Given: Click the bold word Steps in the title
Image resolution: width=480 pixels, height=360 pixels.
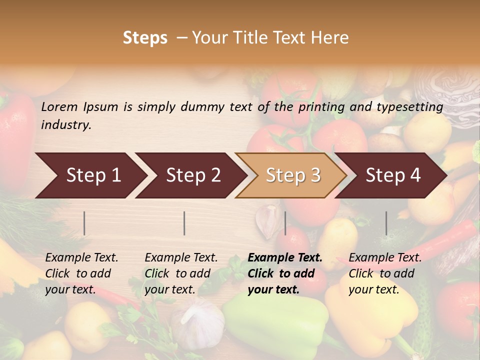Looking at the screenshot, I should (x=145, y=37).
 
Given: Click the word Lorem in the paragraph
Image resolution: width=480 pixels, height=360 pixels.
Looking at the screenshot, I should (x=59, y=106).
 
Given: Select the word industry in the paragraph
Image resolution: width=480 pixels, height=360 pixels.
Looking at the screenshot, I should (x=66, y=124).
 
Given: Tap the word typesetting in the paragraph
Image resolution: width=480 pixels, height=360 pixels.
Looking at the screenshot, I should (x=409, y=106).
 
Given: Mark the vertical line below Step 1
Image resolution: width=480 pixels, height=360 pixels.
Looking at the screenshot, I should (x=84, y=223).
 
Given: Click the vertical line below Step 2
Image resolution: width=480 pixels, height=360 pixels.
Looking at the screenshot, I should (x=184, y=223).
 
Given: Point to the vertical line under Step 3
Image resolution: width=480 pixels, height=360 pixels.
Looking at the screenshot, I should (x=285, y=223).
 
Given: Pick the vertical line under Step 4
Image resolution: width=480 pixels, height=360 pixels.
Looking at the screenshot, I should (x=386, y=223).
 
